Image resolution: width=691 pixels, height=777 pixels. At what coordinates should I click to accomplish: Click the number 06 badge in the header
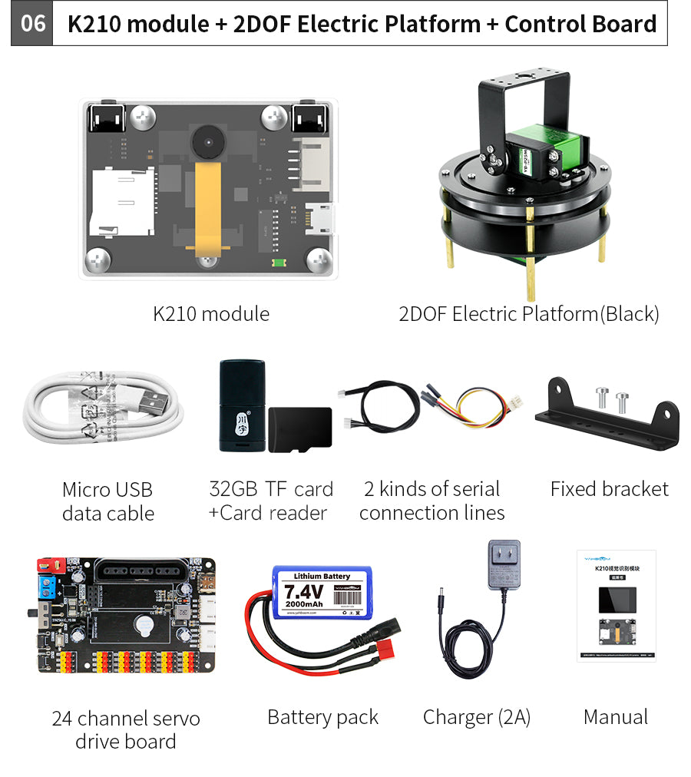point(33,24)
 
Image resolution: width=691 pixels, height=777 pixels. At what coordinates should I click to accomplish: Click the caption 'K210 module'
point(211,314)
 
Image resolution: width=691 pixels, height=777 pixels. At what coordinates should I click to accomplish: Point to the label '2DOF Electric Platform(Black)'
point(528,314)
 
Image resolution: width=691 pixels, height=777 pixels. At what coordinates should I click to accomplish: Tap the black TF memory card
point(301,428)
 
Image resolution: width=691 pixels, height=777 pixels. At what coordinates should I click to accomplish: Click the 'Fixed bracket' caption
point(609,489)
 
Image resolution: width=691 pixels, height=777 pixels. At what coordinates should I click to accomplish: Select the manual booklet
point(616,606)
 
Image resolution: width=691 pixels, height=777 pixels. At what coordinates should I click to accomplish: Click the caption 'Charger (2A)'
point(476,717)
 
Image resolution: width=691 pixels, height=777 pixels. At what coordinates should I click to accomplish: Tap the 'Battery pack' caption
point(322,717)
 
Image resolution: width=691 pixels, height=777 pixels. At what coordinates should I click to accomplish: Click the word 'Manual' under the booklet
point(616,717)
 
